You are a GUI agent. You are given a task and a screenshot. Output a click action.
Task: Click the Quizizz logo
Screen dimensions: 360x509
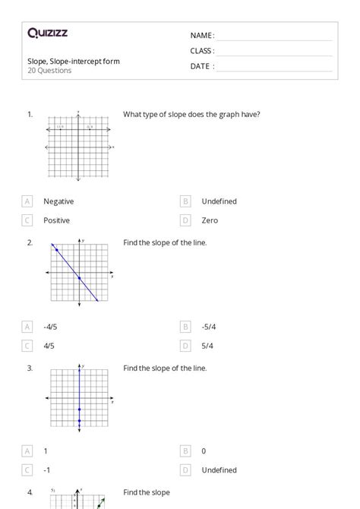pyautogui.click(x=47, y=33)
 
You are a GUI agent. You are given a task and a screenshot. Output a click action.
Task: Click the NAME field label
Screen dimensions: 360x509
pyautogui.click(x=202, y=36)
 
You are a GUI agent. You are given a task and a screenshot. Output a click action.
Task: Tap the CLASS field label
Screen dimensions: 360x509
pyautogui.click(x=202, y=51)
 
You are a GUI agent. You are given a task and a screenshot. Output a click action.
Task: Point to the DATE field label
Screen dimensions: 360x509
pyautogui.click(x=202, y=66)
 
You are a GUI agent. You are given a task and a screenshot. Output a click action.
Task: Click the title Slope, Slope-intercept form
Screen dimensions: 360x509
pyautogui.click(x=73, y=61)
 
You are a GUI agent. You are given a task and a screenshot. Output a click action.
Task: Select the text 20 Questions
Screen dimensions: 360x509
pyautogui.click(x=49, y=71)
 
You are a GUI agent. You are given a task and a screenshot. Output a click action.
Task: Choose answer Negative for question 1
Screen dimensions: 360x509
pyautogui.click(x=58, y=201)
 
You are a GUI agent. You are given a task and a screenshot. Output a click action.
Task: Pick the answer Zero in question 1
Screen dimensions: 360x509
pyautogui.click(x=210, y=220)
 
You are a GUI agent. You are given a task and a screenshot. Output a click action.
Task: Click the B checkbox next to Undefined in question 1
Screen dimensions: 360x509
pyautogui.click(x=185, y=201)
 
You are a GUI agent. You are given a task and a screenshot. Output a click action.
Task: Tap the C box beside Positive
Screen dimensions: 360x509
pyautogui.click(x=27, y=220)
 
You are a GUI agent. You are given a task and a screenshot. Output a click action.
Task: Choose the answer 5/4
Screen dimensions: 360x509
pyautogui.click(x=207, y=346)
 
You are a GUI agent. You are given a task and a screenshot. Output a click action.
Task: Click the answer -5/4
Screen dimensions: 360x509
pyautogui.click(x=209, y=327)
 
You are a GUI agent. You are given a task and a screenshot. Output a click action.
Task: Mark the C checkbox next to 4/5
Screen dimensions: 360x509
pyautogui.click(x=27, y=346)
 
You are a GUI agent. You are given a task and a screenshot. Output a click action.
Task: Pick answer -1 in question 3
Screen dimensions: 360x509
pyautogui.click(x=47, y=469)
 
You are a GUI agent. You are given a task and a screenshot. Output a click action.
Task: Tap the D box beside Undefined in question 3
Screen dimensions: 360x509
pyautogui.click(x=185, y=469)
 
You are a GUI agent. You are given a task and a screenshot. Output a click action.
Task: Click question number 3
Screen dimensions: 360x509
pyautogui.click(x=30, y=368)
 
